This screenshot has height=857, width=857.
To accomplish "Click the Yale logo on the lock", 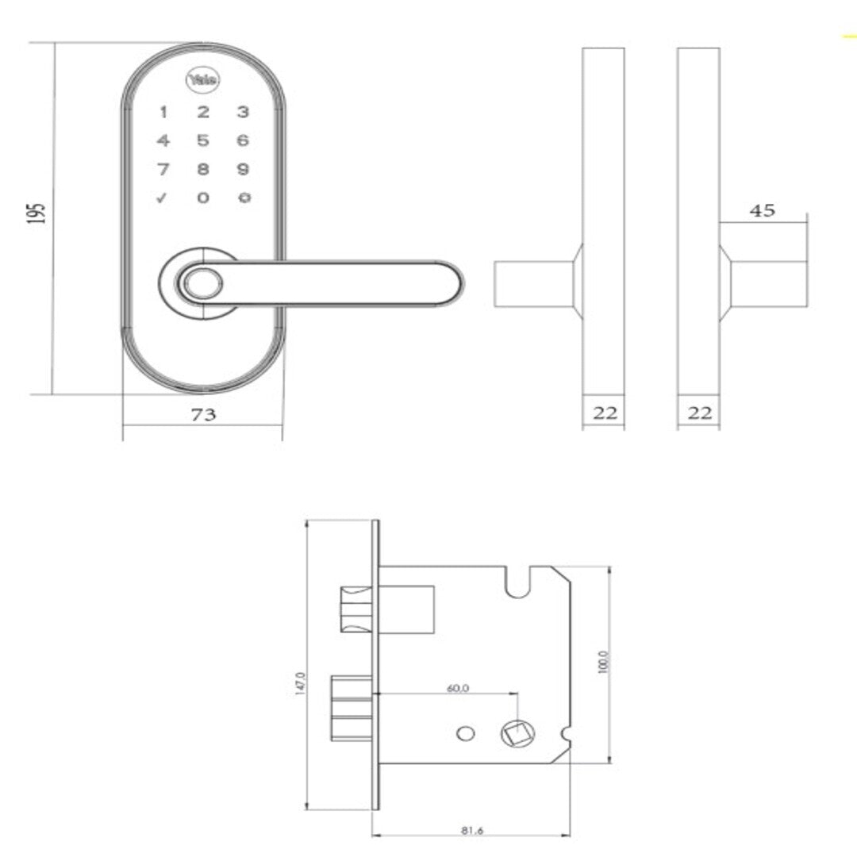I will point(204,80).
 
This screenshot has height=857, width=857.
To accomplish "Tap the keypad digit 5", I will point(204,141).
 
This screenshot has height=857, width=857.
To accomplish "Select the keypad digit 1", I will point(163,113).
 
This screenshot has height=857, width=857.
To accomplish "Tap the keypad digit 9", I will point(244,169).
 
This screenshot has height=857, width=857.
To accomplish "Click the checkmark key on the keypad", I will point(163,198).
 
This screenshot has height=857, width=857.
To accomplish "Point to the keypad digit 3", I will point(244,113).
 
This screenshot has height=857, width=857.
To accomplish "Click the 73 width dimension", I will point(204,414).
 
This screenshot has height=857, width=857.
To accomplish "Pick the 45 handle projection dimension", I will point(763,211).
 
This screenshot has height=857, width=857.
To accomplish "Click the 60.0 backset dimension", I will point(458,688).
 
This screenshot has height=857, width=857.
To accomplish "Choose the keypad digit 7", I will point(163,169).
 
